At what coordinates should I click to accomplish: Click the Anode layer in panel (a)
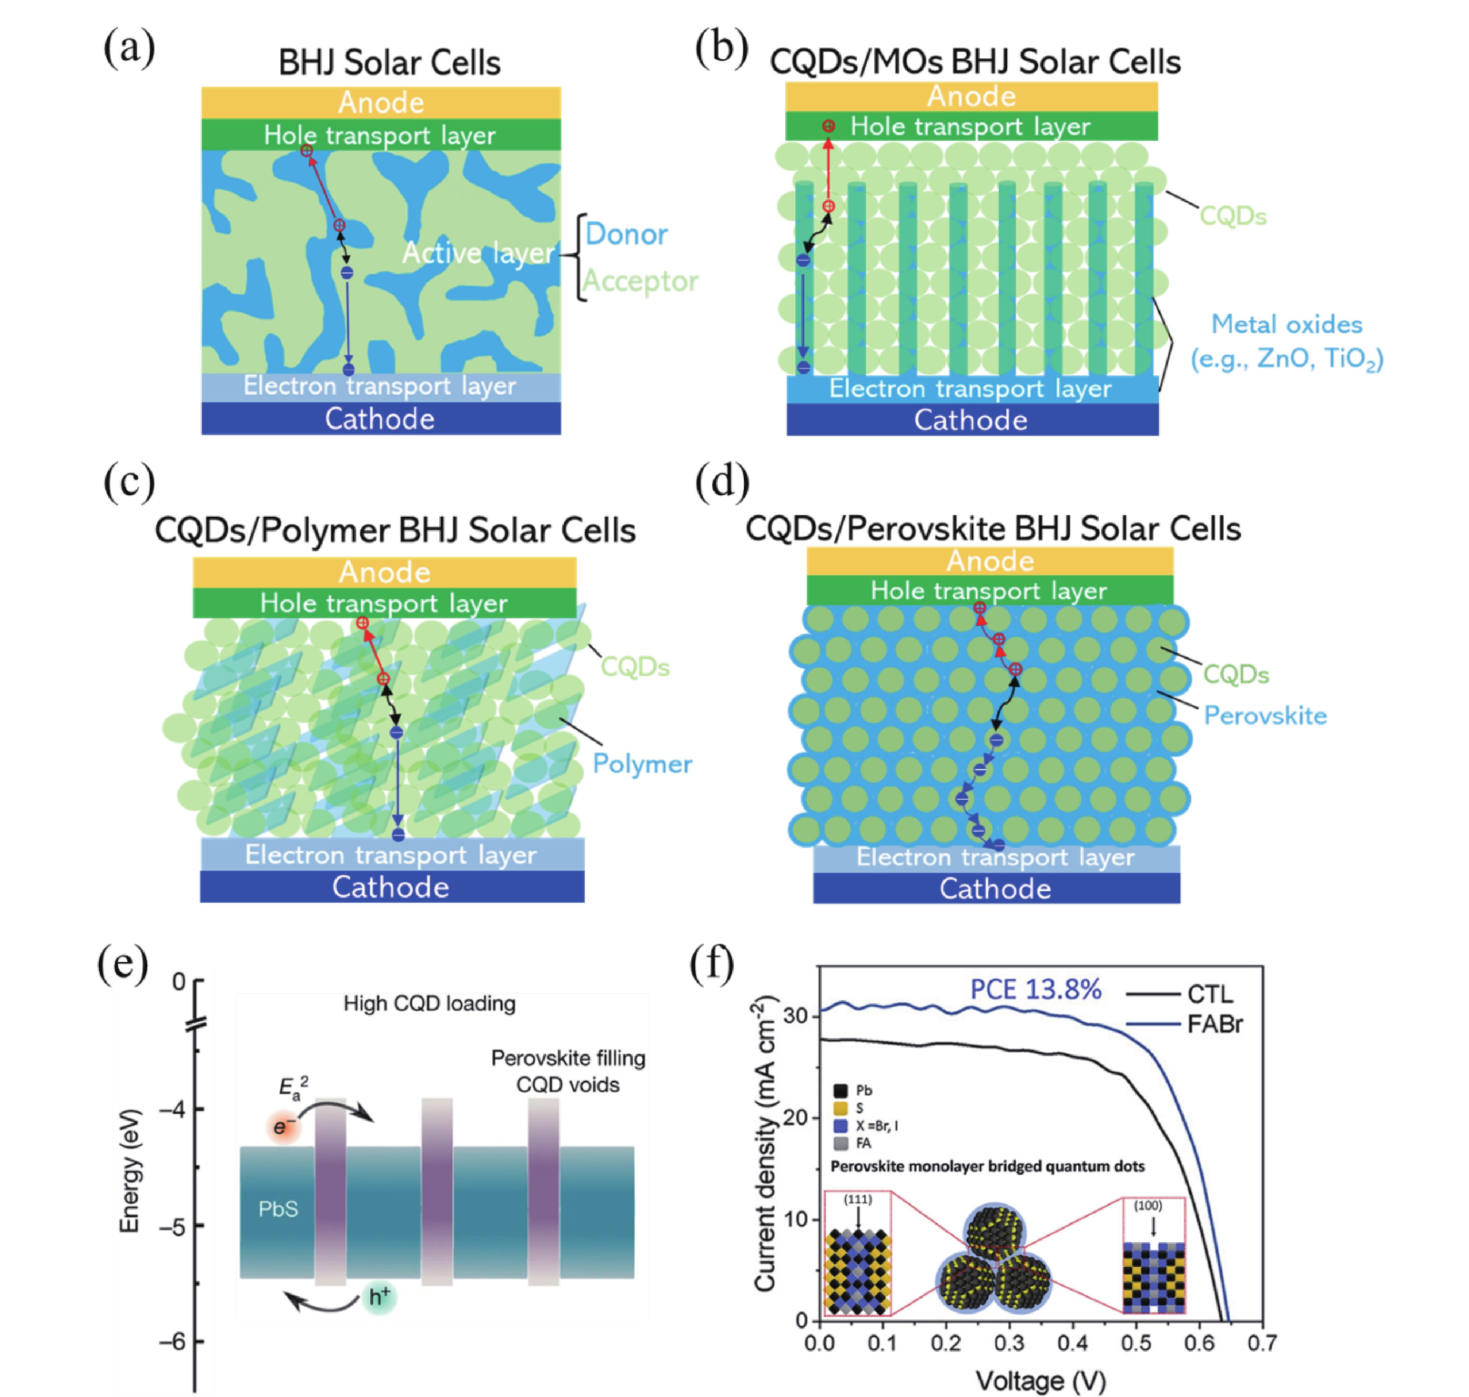(381, 103)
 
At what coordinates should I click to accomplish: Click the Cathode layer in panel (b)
(971, 420)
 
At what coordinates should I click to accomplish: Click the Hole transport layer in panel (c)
(384, 603)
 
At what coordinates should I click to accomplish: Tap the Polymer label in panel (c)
(642, 764)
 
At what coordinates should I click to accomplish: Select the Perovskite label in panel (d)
(1265, 716)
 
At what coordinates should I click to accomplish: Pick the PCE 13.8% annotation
(1035, 989)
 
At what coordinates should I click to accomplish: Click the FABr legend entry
(1214, 1024)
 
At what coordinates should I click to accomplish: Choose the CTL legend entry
(1210, 994)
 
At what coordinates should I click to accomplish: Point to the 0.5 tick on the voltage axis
(1136, 1343)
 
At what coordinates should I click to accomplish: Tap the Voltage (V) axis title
(1041, 1381)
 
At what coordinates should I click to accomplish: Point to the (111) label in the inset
(858, 1199)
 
